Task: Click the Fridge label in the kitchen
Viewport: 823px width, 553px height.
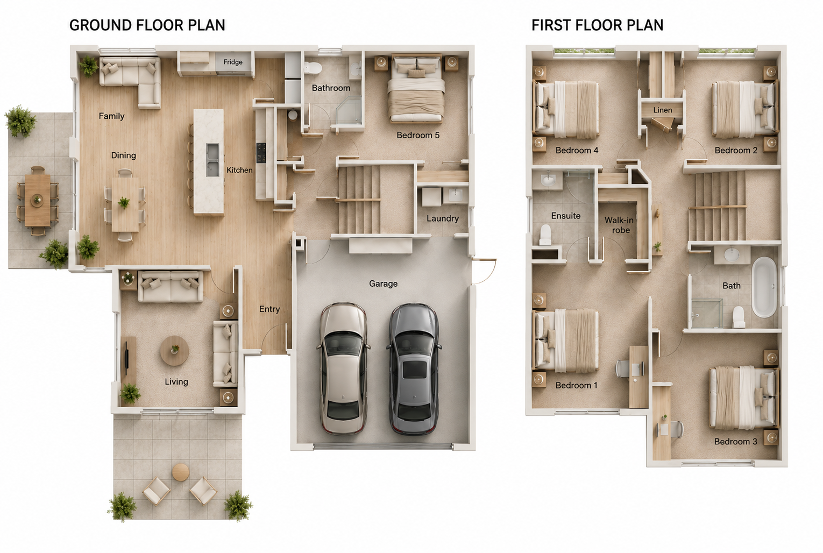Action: (233, 62)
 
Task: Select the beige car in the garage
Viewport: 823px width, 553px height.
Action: (343, 368)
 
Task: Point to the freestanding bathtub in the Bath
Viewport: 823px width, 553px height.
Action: (764, 287)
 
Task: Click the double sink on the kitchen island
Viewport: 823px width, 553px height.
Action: (212, 160)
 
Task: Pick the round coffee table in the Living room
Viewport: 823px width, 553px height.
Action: (174, 351)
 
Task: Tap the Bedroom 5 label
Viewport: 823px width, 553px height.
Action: (418, 135)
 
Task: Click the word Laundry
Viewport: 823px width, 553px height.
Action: (443, 218)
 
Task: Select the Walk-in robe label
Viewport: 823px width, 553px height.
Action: (619, 225)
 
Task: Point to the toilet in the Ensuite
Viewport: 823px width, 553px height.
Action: (545, 235)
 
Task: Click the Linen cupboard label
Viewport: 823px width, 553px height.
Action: (663, 110)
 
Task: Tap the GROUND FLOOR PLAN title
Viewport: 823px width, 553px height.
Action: (147, 25)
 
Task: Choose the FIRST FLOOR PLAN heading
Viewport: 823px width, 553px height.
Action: (598, 25)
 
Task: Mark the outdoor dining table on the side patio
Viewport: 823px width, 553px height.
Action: (38, 200)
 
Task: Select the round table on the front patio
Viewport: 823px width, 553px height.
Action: (181, 472)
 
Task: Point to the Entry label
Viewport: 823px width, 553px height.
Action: (269, 309)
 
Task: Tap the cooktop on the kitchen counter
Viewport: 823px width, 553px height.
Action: (261, 153)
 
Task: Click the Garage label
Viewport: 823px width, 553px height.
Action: (383, 283)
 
